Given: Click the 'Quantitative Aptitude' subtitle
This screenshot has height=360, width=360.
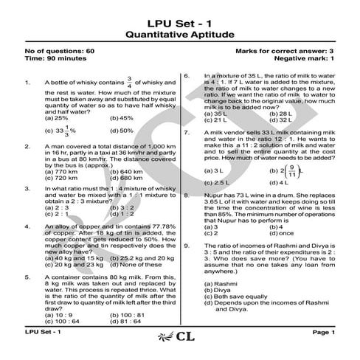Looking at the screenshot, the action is coord(179,33).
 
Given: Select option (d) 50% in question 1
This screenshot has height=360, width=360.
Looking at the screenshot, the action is coord(121,131).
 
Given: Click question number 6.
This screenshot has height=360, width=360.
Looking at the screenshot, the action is coord(187,75).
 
